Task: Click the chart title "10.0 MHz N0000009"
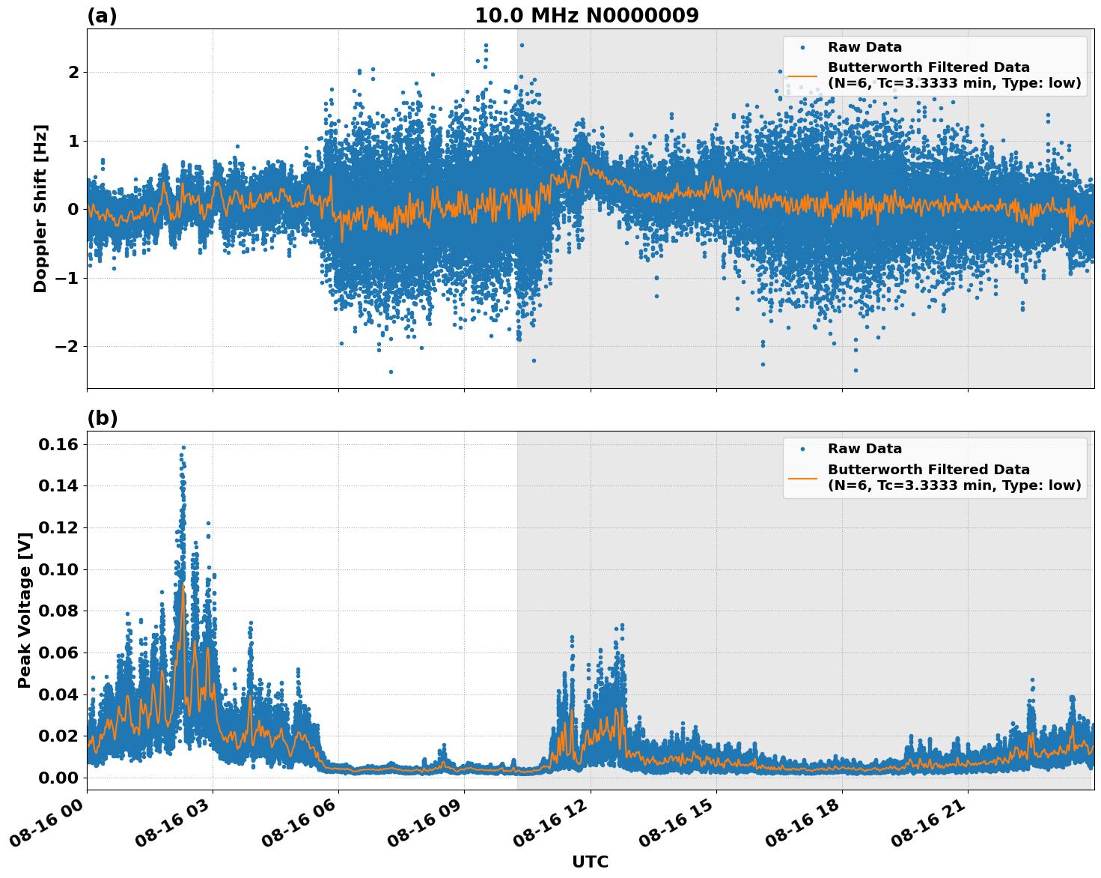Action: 586,16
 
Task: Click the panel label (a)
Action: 102,16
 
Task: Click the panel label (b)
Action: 102,418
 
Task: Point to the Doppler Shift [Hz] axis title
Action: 40,208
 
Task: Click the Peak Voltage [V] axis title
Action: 25,610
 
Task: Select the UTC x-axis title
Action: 590,862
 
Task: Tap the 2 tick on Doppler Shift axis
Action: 73,73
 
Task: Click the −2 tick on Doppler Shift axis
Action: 67,347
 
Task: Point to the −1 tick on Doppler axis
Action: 67,278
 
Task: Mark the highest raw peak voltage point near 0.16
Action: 183,447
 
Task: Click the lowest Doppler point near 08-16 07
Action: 391,372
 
